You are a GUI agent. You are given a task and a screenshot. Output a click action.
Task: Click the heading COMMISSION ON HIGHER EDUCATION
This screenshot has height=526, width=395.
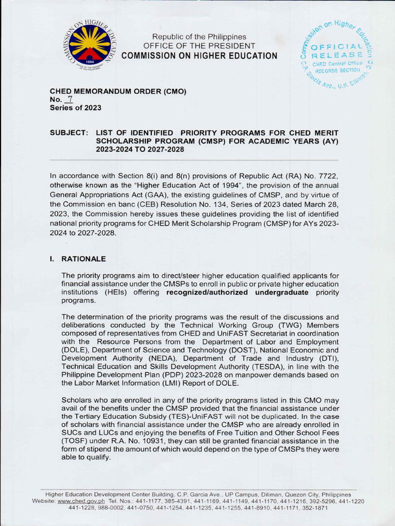[x=203, y=56]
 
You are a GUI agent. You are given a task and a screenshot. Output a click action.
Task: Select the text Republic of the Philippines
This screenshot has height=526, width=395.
[x=199, y=37]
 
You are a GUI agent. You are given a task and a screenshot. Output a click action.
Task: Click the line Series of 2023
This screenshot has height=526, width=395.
[x=75, y=108]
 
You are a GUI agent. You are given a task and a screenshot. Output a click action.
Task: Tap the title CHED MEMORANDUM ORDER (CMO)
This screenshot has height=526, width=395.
[x=118, y=91]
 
